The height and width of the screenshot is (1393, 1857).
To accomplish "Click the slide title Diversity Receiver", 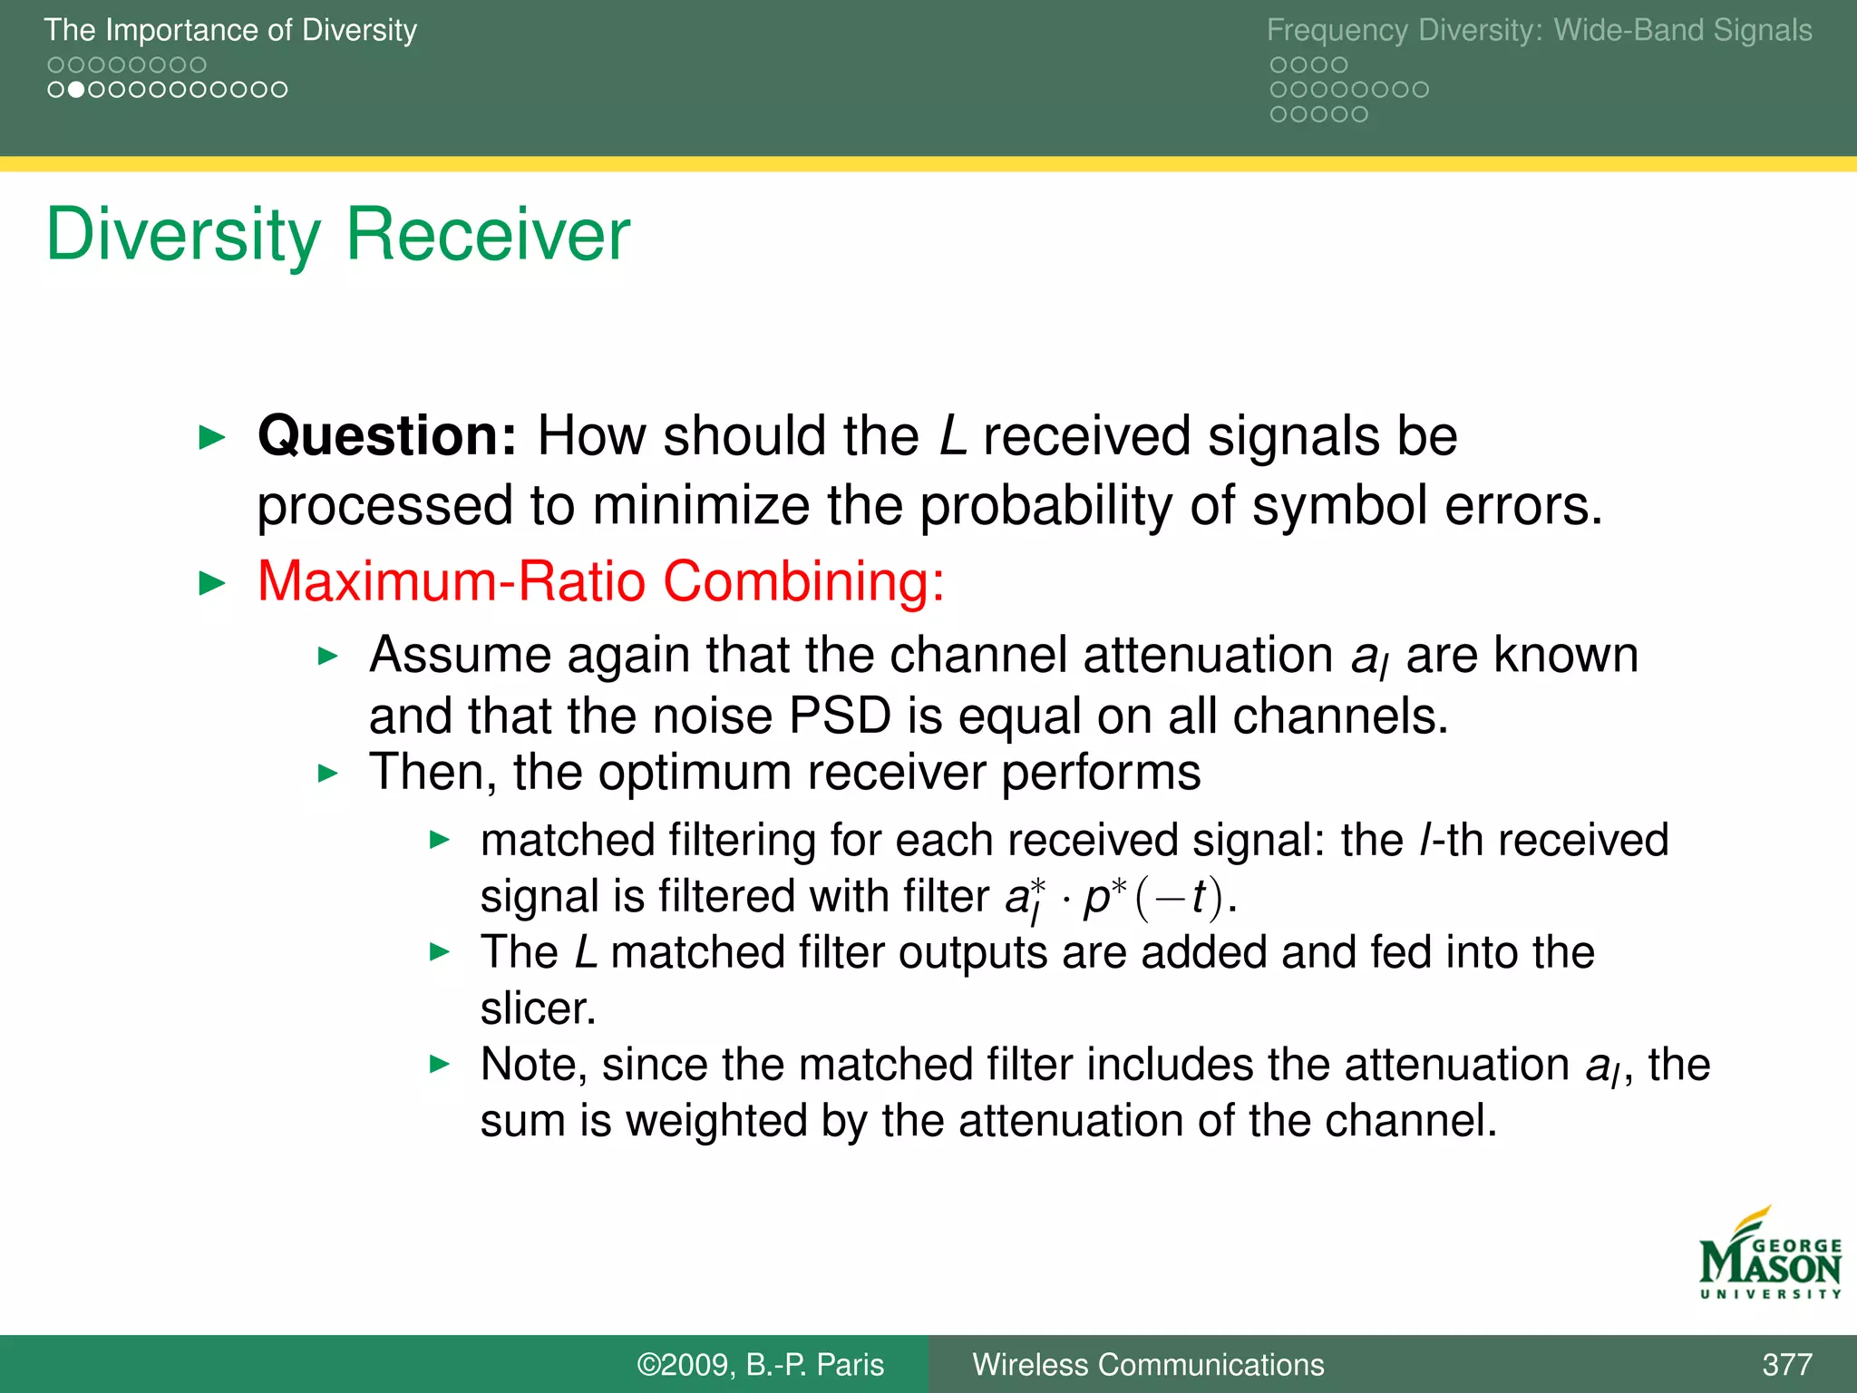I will coord(337,235).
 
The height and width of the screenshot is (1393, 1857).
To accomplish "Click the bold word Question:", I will coord(387,435).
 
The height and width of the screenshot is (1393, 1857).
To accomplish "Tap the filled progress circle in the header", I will coord(77,90).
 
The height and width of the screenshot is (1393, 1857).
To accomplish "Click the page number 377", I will coord(1786,1364).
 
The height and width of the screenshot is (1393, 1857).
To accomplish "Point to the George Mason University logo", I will coord(1769,1256).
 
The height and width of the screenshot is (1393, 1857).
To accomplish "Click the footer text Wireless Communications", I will coord(1148,1364).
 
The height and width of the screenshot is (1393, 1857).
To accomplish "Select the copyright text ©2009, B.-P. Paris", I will coord(760,1364).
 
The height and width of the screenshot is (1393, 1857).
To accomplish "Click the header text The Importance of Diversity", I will coord(230,30).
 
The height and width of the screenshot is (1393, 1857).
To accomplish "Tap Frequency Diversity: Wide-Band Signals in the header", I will coord(1539,30).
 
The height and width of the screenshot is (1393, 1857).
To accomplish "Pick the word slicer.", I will coord(537,1008).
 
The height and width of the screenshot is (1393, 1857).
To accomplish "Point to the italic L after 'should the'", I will coord(952,435).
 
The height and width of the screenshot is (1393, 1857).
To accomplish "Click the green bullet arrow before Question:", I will coord(211,438).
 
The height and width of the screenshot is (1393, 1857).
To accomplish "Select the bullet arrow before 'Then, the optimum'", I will coord(328,774).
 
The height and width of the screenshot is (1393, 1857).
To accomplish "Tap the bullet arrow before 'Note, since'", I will coord(440,1065).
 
